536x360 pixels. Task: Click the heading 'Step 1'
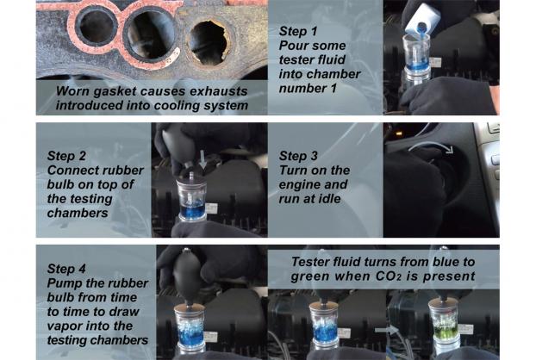coord(298,31)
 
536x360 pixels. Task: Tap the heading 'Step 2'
coord(66,156)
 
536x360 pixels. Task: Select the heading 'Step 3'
coord(298,156)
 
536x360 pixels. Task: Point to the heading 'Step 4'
coord(66,269)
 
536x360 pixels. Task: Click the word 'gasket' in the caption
coord(115,91)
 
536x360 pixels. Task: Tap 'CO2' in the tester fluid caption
coord(389,276)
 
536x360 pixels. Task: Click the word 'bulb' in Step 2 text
coord(60,184)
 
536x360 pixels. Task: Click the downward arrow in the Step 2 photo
coord(203,159)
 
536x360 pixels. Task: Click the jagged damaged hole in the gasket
coord(209,43)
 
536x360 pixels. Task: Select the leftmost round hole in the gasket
coord(97,27)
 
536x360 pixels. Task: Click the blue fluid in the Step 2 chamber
coord(192,208)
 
